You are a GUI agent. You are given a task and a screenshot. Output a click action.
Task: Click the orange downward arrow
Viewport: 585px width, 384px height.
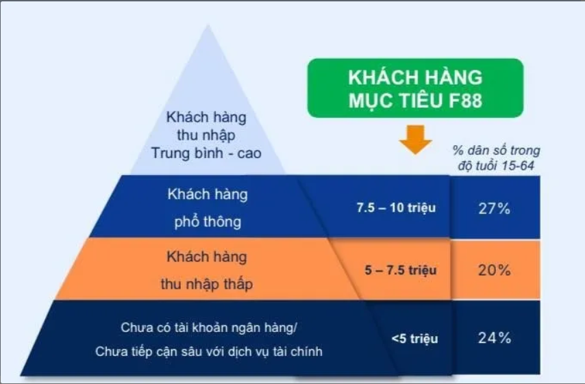[x=415, y=140]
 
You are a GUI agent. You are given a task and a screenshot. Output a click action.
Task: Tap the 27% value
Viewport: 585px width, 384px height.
[x=495, y=208]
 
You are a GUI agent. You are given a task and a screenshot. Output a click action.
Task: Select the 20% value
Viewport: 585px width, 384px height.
[x=495, y=270]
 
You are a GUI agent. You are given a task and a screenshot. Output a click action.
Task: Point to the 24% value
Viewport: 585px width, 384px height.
[x=495, y=337]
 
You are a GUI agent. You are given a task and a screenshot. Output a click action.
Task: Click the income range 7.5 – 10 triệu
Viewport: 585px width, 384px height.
[x=396, y=207]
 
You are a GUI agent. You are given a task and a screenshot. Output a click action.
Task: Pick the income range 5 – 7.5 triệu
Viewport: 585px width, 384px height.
[x=400, y=270]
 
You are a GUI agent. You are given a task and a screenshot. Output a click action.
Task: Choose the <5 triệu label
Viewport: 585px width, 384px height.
[x=414, y=339]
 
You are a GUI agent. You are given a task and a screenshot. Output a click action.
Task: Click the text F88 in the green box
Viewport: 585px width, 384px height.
[x=465, y=101]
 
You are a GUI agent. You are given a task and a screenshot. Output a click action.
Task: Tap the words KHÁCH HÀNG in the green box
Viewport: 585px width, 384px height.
[x=415, y=77]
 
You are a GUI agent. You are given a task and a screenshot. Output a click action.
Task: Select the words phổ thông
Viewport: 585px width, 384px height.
[x=208, y=222]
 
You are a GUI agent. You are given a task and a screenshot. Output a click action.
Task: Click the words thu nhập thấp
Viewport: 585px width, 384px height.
[x=207, y=284]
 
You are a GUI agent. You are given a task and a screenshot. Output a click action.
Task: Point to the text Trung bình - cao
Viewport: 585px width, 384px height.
[x=206, y=153]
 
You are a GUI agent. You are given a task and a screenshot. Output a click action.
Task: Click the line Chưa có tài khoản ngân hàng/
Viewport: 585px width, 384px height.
[x=208, y=328]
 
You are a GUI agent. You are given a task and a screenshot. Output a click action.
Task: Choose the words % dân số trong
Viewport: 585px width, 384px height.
[x=496, y=150]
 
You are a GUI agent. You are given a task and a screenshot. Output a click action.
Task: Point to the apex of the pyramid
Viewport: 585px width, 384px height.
[x=208, y=25]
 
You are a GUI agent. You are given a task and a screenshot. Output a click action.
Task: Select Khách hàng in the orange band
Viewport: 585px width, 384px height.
[x=207, y=257]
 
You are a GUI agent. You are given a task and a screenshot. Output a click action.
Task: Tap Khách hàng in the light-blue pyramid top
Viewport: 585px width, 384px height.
[x=206, y=117]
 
